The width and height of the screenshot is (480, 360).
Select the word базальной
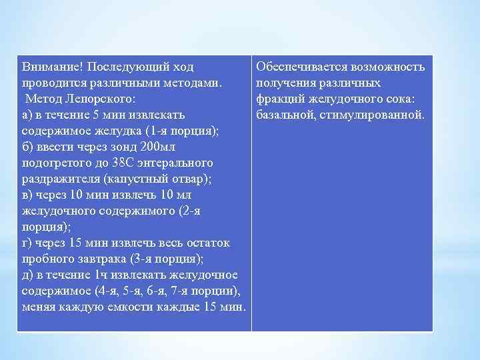pos(288,115)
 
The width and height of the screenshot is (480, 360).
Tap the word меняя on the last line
pos(39,307)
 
